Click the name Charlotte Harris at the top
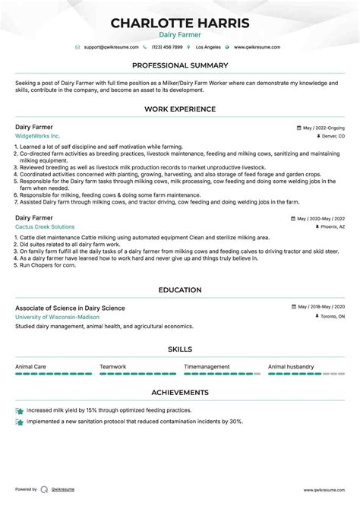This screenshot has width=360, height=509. coord(180,23)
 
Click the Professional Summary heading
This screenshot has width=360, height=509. coord(180,65)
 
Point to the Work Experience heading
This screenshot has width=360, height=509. coord(180,109)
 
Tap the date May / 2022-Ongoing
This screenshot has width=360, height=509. coord(323,128)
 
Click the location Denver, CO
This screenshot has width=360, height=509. coord(332,136)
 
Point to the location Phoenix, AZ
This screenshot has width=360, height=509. coord(331,227)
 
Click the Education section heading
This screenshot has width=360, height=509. coord(180,289)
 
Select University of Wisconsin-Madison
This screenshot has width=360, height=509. coord(58,317)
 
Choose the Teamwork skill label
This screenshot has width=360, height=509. coord(113,366)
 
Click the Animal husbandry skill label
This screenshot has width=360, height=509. coord(292,366)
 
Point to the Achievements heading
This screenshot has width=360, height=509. coord(180,393)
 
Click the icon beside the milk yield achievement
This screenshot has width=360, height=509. coord(19,410)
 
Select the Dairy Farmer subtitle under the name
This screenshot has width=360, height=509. coord(180,35)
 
